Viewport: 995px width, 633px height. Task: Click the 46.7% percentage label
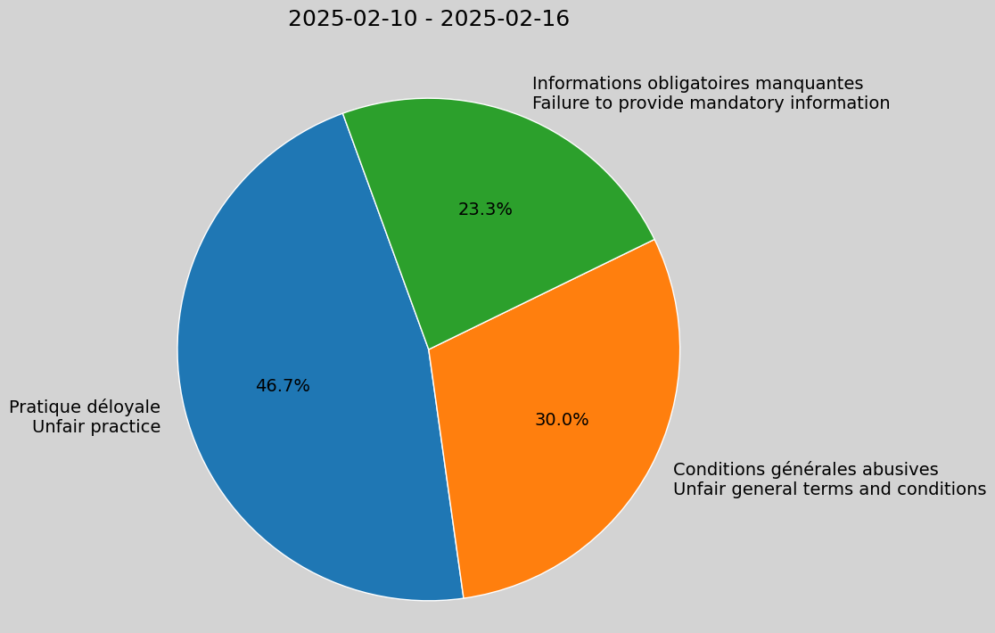tap(283, 386)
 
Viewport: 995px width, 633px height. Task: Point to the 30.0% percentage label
tap(562, 420)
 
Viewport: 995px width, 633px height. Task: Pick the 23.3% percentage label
tap(485, 210)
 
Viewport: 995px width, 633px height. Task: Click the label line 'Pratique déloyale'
tap(85, 407)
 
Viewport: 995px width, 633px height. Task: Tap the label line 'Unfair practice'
tap(96, 427)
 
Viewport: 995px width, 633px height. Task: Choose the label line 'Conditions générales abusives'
tap(805, 470)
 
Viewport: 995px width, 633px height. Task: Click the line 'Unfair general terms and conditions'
tap(829, 489)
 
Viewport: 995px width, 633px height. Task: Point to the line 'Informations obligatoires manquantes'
tap(697, 84)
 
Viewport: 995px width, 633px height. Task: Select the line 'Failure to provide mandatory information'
tap(711, 103)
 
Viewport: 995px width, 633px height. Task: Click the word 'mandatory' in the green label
tap(725, 103)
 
